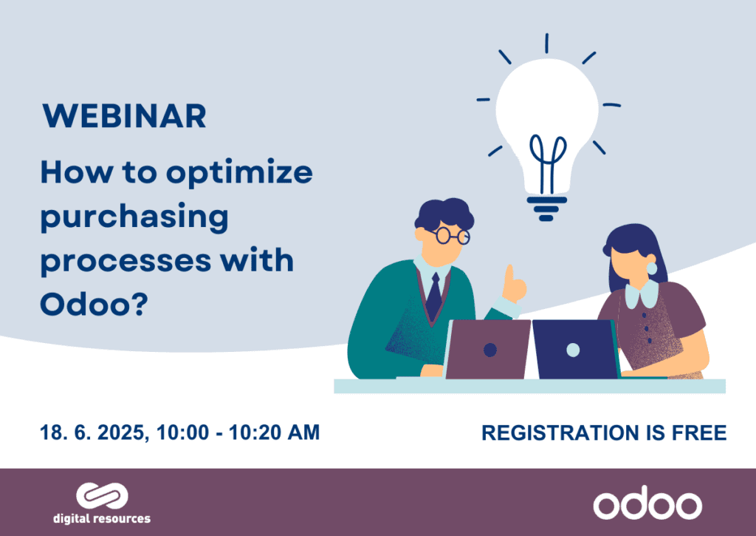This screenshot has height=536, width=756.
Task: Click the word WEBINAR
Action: [x=124, y=116]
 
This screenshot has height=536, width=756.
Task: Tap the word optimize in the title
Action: [x=240, y=173]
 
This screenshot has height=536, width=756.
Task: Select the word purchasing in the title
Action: [x=134, y=217]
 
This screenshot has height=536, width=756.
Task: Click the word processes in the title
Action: [x=126, y=262]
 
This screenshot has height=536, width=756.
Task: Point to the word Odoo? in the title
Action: [x=94, y=304]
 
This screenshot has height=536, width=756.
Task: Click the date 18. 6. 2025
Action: [x=92, y=432]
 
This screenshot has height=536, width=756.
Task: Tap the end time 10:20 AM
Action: [x=274, y=432]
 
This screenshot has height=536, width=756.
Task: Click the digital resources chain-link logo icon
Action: [x=102, y=496]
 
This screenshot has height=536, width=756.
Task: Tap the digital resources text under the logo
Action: [x=102, y=518]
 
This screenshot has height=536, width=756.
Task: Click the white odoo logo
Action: [x=647, y=505]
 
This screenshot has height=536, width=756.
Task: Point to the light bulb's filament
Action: [x=547, y=163]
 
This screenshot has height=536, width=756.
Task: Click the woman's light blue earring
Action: [x=651, y=268]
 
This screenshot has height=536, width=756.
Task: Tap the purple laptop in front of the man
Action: [x=488, y=349]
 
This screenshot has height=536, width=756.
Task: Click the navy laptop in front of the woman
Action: [x=575, y=349]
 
